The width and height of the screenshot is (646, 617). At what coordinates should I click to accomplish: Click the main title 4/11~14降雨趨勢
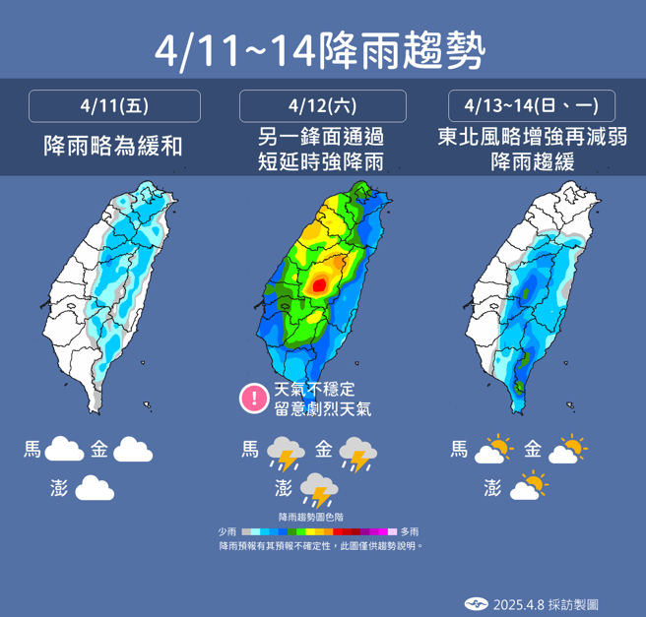[322, 49]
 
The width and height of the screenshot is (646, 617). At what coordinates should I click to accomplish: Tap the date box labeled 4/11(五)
[115, 105]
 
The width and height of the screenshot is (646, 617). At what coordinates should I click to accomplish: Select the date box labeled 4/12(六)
[323, 105]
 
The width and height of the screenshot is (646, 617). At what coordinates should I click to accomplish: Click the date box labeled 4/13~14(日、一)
[532, 105]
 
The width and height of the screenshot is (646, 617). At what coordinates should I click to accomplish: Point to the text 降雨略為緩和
[115, 147]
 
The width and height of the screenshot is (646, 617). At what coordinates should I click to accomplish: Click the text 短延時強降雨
[323, 161]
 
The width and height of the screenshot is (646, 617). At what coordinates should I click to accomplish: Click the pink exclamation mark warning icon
[254, 399]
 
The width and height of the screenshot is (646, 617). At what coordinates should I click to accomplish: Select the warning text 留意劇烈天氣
[322, 409]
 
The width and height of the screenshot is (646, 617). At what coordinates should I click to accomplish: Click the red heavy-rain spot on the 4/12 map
[319, 285]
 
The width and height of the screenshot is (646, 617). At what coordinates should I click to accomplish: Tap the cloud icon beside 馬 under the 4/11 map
[64, 450]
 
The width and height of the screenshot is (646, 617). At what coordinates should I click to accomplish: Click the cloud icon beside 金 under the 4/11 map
[133, 450]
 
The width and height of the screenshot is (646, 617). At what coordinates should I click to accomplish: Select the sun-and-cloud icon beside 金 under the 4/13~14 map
[567, 450]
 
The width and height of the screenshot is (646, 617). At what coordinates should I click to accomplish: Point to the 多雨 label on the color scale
[409, 531]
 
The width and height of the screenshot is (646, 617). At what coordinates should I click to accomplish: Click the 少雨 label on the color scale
[227, 531]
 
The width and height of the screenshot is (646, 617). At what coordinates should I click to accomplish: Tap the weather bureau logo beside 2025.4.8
[477, 603]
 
